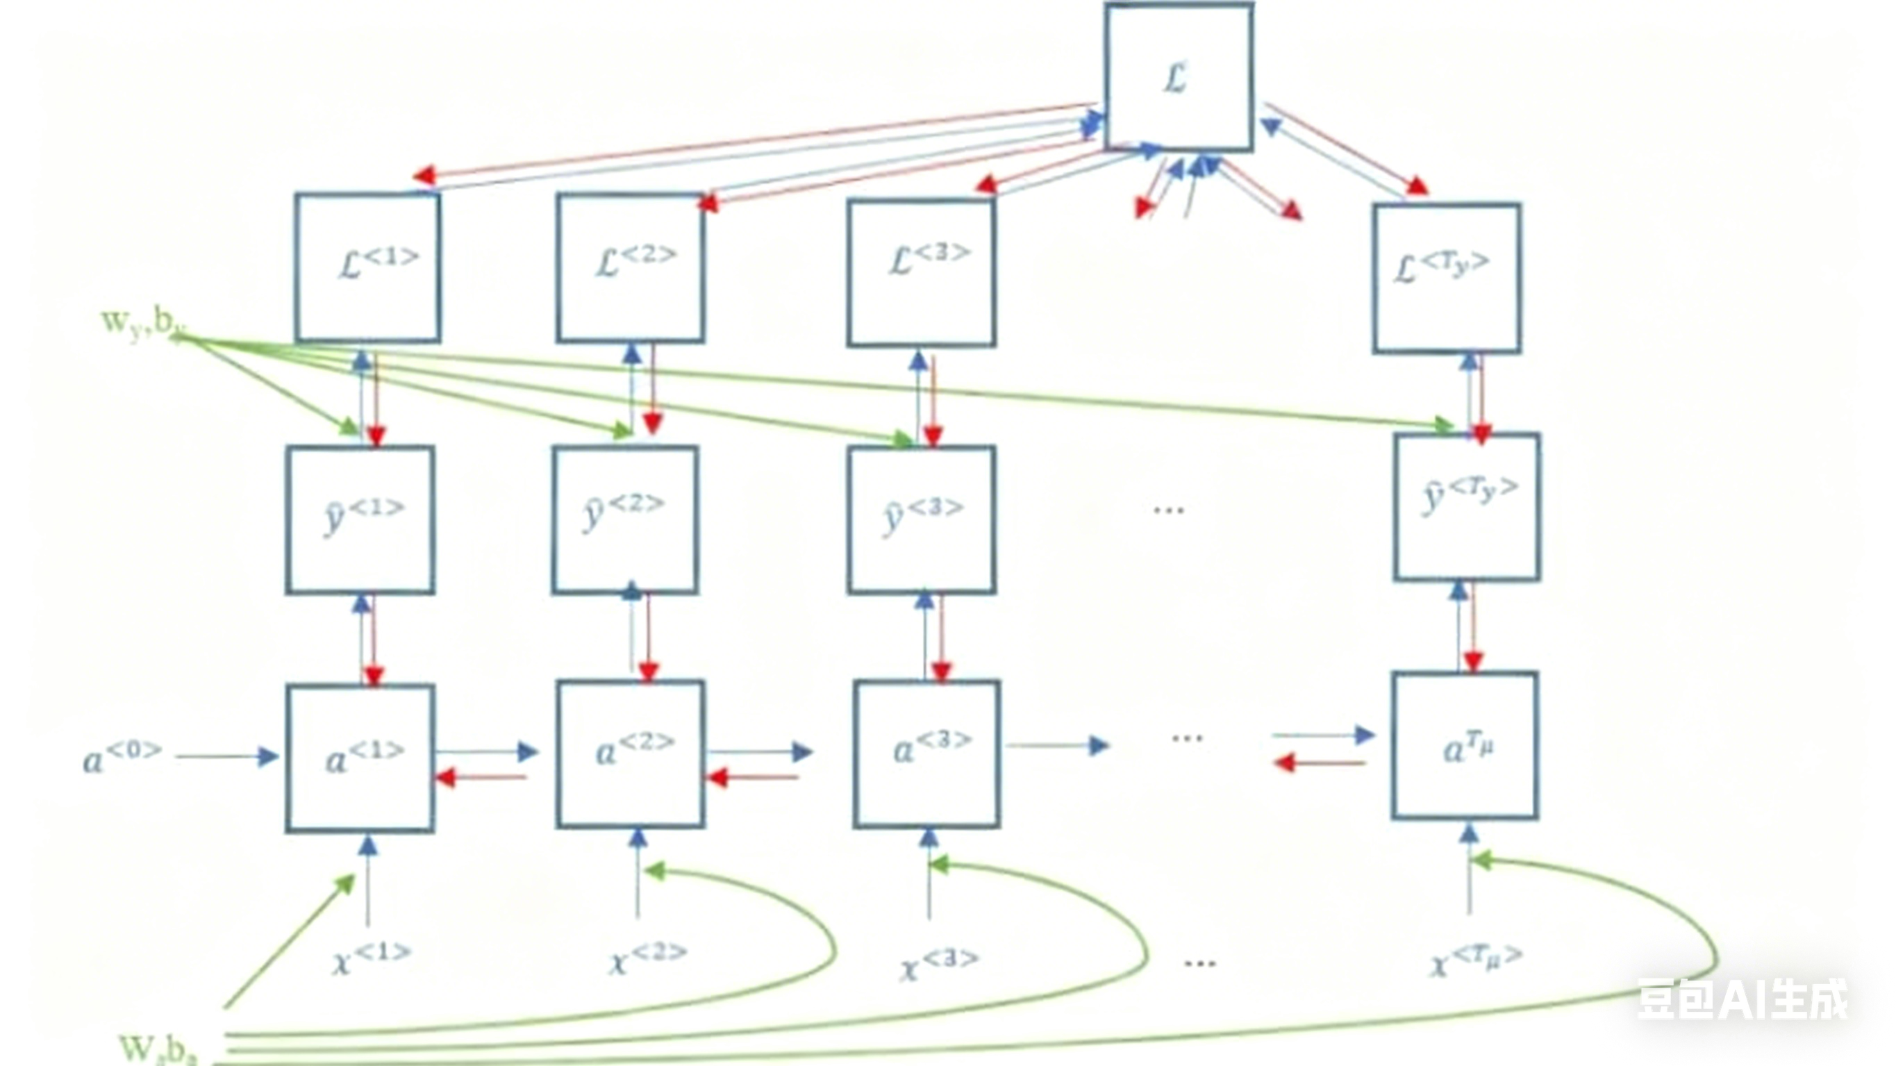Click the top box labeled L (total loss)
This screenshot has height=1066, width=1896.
[1179, 77]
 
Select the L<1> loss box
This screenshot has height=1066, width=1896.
[368, 268]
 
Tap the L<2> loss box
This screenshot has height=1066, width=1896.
[630, 268]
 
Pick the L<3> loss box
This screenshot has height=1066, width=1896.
[921, 272]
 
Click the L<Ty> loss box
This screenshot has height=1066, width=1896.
[1446, 278]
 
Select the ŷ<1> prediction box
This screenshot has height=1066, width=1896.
[360, 519]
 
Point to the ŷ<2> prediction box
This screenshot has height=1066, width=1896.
[625, 519]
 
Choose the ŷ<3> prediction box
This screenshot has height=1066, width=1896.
[921, 519]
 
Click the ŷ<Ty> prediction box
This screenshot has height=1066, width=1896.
[1466, 506]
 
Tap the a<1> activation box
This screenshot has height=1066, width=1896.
[360, 758]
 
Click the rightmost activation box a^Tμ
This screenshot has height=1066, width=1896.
[1464, 745]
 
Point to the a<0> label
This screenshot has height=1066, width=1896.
[122, 757]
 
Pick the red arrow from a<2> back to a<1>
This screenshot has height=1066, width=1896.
[482, 777]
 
